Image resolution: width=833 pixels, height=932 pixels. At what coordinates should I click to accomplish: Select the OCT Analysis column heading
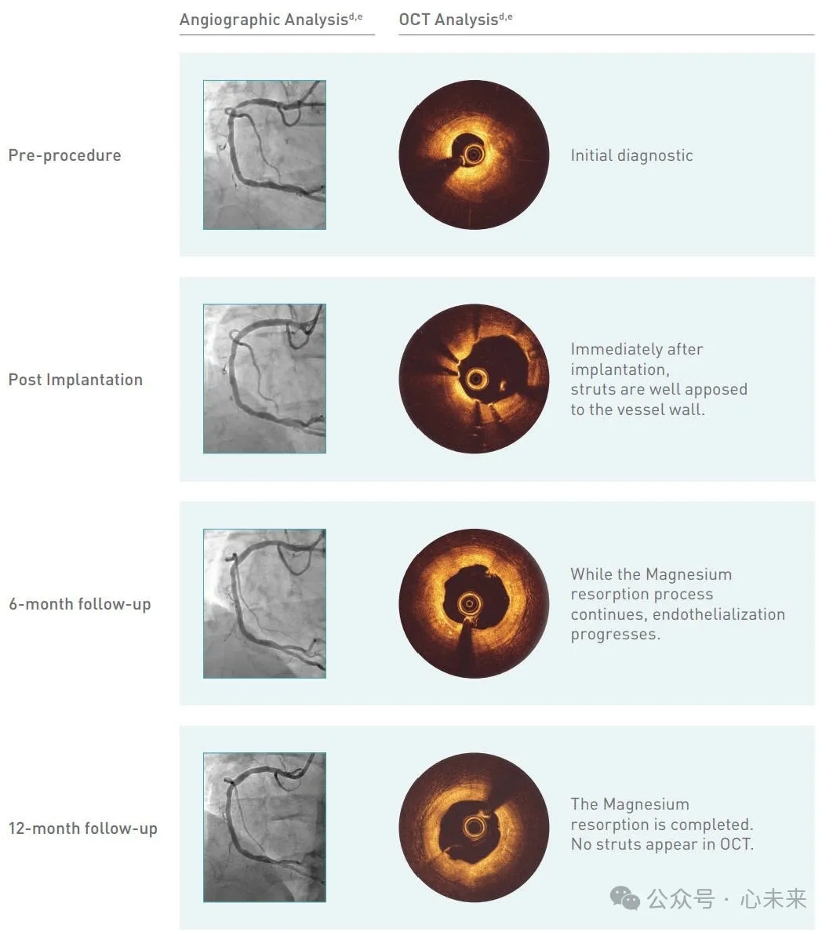coord(456,19)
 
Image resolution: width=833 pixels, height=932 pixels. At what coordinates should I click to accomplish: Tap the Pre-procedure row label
coord(65,156)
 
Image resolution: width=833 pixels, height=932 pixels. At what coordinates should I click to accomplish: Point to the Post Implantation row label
coord(75,380)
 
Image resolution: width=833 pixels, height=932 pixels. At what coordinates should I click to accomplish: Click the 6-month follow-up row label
coord(80,605)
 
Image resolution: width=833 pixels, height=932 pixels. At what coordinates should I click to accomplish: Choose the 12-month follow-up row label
coord(83,828)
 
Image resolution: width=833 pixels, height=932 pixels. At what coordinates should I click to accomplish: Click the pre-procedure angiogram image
coord(264,155)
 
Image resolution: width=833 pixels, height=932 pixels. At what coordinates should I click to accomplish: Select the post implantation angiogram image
coord(264,379)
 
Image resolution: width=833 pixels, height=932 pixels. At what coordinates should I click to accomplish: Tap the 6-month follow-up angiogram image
coord(264,603)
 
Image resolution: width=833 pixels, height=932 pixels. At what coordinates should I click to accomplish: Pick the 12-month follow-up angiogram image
coord(264,828)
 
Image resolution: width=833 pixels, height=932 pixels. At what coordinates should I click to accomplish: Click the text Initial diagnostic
coord(631,156)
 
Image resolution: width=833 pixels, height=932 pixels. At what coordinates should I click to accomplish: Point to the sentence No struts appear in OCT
coord(662,844)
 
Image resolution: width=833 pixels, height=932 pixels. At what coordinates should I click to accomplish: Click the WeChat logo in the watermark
coord(625,898)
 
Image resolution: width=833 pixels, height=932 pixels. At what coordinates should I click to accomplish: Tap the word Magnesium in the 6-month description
coord(689,575)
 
